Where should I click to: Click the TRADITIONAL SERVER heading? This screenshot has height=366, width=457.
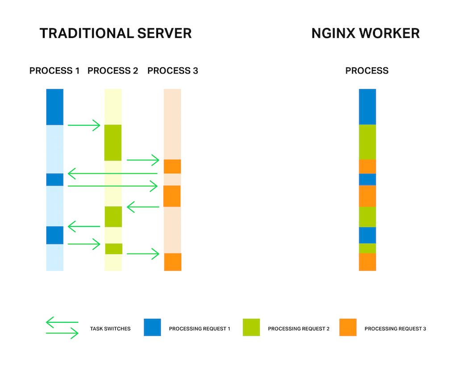116,33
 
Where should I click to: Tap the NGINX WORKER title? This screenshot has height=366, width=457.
366,33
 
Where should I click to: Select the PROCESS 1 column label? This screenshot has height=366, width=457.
54,70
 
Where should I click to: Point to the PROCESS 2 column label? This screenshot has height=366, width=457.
112,70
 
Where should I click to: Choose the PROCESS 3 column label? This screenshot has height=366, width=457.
173,70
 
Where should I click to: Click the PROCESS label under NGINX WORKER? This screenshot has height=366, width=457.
367,70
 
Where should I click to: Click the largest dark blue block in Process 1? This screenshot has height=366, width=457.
55,107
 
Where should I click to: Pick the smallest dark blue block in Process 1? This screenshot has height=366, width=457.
55,180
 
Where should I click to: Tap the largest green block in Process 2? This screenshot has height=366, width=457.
113,143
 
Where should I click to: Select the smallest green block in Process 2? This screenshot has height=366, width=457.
114,249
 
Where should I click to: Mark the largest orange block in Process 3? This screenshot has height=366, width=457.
172,196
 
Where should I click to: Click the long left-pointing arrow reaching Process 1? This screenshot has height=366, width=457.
112,173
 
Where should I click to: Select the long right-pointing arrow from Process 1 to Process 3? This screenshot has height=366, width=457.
112,186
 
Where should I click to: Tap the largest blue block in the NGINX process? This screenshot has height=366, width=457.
367,107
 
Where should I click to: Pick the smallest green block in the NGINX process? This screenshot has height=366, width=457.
367,248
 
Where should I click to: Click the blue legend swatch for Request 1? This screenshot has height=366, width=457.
152,327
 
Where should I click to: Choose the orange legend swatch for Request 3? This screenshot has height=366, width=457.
348,327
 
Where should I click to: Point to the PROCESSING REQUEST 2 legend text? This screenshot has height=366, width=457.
299,329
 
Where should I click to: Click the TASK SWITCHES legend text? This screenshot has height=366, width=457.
110,329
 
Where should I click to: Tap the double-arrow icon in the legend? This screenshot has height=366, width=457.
62,328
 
